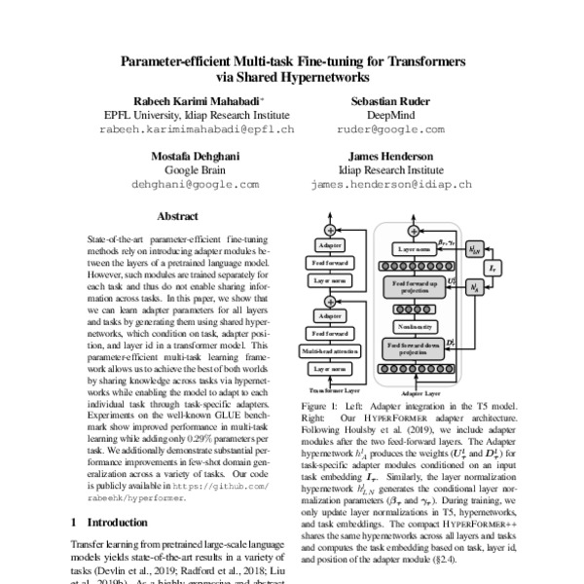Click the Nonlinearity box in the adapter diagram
pos(415,328)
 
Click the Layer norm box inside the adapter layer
pos(415,251)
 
